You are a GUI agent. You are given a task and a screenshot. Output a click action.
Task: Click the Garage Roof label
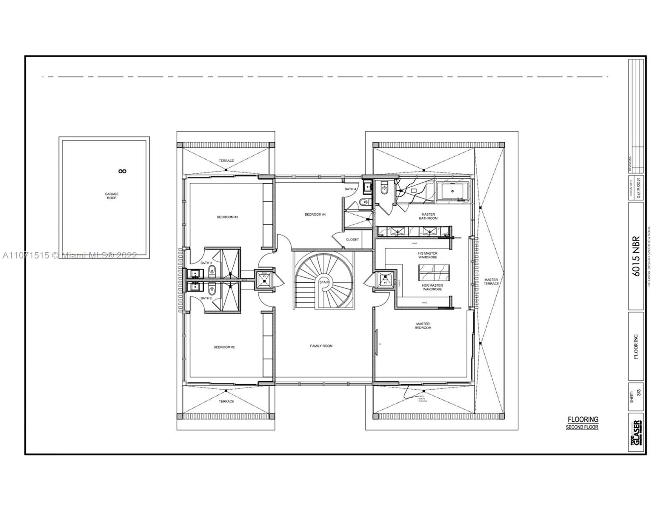pos(112,196)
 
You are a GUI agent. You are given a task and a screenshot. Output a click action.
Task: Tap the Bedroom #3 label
pos(227,217)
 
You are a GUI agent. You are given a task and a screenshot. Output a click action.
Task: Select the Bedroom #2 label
pos(224,347)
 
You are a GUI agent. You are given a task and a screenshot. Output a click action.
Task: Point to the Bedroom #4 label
pos(315,215)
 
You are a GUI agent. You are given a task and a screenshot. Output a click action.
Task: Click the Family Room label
pos(321,346)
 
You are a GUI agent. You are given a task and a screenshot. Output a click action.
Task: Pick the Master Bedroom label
pos(423,326)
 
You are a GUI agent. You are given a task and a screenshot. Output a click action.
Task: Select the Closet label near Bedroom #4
pos(352,239)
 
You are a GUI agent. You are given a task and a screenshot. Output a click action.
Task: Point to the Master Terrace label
pos(491,281)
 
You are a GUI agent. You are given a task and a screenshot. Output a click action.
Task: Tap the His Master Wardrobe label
pos(427,255)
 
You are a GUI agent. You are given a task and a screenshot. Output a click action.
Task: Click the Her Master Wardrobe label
pos(432,287)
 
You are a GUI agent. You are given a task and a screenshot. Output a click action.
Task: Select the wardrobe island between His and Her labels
pos(432,271)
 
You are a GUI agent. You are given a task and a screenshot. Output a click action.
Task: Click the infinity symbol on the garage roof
pos(123,171)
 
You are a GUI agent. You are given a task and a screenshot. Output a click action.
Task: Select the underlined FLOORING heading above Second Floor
pos(583,419)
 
